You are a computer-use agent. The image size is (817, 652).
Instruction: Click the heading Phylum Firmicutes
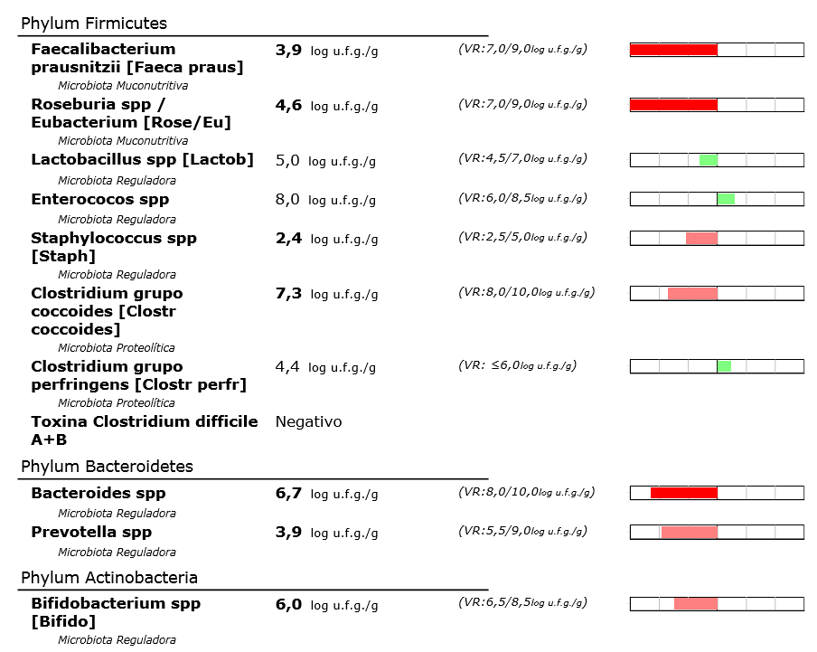click(94, 24)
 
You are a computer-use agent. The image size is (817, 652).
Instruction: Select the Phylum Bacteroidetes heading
click(107, 467)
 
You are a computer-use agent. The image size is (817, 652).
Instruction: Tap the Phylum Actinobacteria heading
click(109, 578)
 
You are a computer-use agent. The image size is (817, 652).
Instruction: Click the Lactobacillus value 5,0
click(287, 160)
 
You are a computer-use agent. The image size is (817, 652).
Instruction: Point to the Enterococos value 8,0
click(287, 199)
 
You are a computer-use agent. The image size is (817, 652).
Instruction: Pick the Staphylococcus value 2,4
click(288, 238)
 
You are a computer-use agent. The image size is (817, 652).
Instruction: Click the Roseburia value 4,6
click(288, 105)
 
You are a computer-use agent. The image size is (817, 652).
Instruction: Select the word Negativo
click(308, 422)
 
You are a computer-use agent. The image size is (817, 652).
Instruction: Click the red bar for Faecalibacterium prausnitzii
click(673, 50)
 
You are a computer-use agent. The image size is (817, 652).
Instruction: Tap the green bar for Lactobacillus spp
click(708, 160)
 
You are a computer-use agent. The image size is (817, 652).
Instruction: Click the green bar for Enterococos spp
click(726, 199)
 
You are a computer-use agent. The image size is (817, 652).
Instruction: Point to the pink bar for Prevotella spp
click(689, 532)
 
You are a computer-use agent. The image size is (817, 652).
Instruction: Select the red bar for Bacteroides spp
click(683, 493)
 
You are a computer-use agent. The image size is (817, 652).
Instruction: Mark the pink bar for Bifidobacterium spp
click(695, 603)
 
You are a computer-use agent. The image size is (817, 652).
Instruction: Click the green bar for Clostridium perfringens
click(724, 366)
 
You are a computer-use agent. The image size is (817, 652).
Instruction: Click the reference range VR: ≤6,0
click(517, 365)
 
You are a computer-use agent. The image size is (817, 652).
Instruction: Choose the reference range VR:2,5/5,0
click(522, 237)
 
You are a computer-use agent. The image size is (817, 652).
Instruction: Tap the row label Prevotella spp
click(91, 532)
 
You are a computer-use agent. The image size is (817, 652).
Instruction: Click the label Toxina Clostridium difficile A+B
click(144, 430)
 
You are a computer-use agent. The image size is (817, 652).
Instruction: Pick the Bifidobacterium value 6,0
click(288, 603)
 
